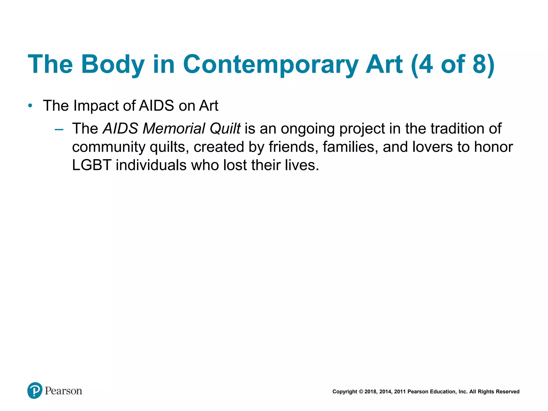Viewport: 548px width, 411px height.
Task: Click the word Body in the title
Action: pyautogui.click(x=113, y=64)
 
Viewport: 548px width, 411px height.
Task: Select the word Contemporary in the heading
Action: pyautogui.click(x=270, y=64)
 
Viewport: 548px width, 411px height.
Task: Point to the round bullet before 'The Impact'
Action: pyautogui.click(x=30, y=106)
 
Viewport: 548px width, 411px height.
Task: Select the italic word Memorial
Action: pyautogui.click(x=174, y=128)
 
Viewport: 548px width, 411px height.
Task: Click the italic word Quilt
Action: pyautogui.click(x=225, y=128)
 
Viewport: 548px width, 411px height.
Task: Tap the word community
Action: pyautogui.click(x=109, y=147)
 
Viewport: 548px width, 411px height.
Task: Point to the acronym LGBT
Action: pyautogui.click(x=92, y=165)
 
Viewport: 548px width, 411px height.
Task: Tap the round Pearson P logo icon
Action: pyautogui.click(x=35, y=390)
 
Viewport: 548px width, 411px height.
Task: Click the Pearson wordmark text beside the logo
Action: pyautogui.click(x=63, y=391)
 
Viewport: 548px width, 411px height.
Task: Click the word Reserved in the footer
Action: pyautogui.click(x=508, y=392)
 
